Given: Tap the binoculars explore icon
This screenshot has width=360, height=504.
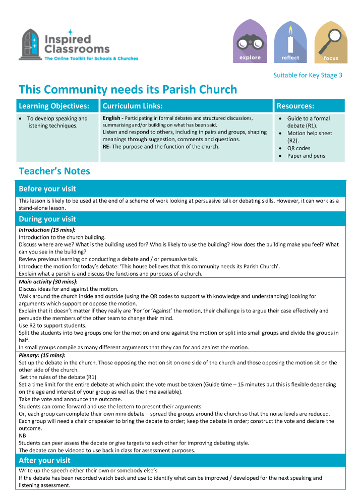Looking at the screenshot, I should coord(250,41).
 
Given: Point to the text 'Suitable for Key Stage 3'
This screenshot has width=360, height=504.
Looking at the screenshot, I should coord(308,75).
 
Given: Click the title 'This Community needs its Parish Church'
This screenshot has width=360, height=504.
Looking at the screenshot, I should coord(128,90).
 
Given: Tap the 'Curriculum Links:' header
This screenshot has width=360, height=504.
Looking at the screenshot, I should coord(133,106).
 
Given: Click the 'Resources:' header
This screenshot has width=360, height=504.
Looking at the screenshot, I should coord(295,106).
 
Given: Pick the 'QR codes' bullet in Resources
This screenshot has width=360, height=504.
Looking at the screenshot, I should coord(299,148).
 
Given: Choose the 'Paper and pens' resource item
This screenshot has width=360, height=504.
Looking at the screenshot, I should coord(306,156).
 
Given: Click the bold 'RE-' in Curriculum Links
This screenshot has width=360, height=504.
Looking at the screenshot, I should coord(107,147).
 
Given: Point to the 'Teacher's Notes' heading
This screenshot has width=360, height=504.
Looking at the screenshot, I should coord(54,171).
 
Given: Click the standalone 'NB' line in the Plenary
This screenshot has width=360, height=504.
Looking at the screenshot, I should coord(22,435).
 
